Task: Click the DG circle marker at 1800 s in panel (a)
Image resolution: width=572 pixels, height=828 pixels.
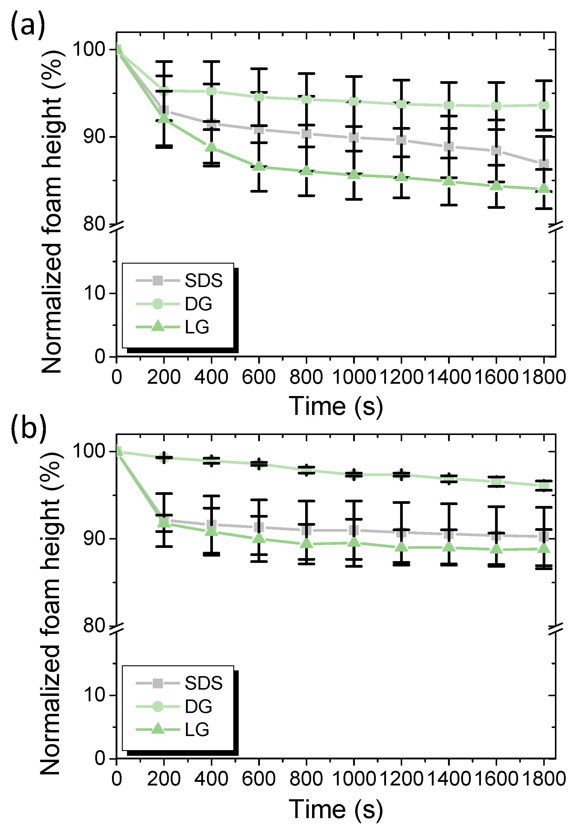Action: pyautogui.click(x=544, y=105)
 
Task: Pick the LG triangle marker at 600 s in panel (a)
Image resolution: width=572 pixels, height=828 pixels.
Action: pyautogui.click(x=259, y=166)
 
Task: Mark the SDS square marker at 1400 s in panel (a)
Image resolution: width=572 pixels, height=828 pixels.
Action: pyautogui.click(x=449, y=146)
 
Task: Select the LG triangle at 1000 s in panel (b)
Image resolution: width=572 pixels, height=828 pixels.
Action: pyautogui.click(x=354, y=542)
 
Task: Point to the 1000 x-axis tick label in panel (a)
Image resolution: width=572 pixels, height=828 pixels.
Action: pyautogui.click(x=354, y=377)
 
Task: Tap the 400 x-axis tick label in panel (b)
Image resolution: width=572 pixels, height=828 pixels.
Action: pyautogui.click(x=211, y=779)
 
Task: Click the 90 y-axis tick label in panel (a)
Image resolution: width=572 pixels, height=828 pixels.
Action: pyautogui.click(x=94, y=137)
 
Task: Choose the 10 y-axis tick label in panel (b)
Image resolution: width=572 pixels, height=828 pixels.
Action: pyautogui.click(x=94, y=695)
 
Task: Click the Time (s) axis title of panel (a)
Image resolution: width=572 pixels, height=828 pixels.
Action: pyautogui.click(x=336, y=406)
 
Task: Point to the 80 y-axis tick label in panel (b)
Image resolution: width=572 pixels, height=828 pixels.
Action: pyautogui.click(x=94, y=626)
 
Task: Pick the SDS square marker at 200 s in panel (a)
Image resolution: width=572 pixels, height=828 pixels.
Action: pyautogui.click(x=164, y=111)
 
